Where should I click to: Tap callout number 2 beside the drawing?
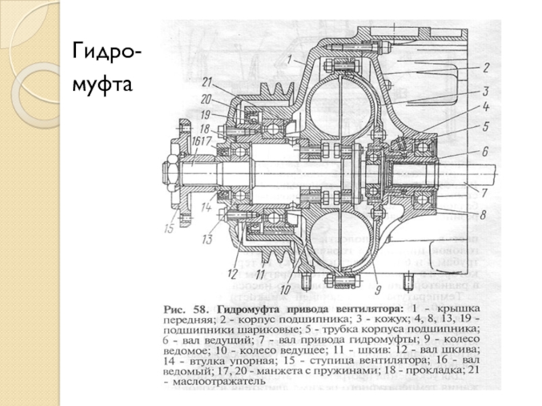click(486, 67)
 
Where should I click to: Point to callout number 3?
click(486, 89)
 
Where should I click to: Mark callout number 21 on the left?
click(207, 81)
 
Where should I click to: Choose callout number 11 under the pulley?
click(259, 275)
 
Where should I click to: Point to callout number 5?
click(485, 126)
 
